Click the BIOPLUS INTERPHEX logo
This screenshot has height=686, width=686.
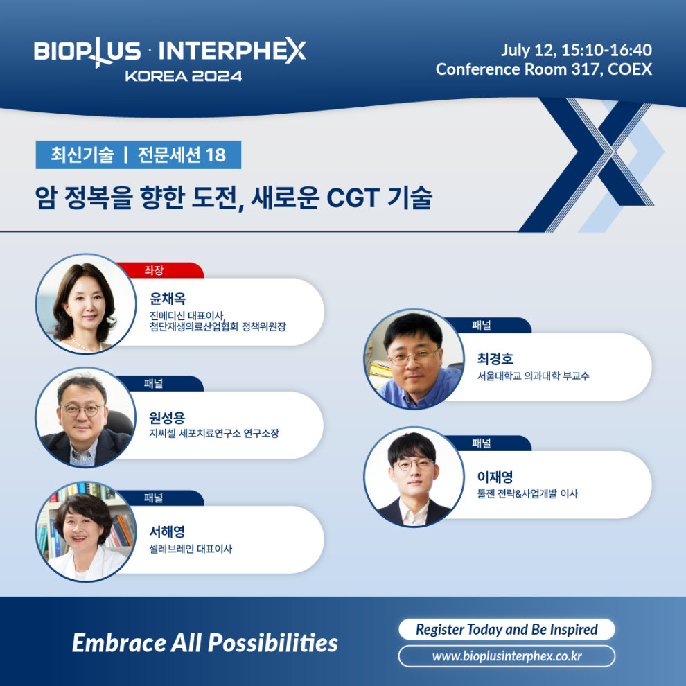(x=170, y=59)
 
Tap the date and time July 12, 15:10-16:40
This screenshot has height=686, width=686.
(x=577, y=50)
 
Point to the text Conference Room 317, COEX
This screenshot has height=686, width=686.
(x=544, y=69)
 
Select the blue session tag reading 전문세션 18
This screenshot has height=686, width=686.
(x=139, y=155)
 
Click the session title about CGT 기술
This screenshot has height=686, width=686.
(x=234, y=197)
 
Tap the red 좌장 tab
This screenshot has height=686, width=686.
(x=159, y=270)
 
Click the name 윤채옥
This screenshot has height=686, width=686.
(x=168, y=299)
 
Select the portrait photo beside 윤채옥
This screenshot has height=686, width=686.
(x=86, y=304)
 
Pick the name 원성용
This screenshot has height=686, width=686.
(x=167, y=418)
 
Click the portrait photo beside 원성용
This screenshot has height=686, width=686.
(x=86, y=417)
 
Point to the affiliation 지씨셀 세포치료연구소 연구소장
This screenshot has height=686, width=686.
(x=214, y=434)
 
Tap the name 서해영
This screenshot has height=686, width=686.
(x=167, y=531)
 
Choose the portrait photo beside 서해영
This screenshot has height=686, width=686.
(x=86, y=531)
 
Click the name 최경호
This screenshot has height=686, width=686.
(x=495, y=359)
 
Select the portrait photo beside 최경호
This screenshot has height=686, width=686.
(x=414, y=359)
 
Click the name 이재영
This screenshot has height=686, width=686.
(x=495, y=477)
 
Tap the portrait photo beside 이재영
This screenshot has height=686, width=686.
(x=414, y=477)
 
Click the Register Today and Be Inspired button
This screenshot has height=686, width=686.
(x=507, y=629)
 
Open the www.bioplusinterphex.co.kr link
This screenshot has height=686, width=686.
(x=507, y=656)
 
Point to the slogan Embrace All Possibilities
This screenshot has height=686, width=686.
(x=205, y=642)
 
